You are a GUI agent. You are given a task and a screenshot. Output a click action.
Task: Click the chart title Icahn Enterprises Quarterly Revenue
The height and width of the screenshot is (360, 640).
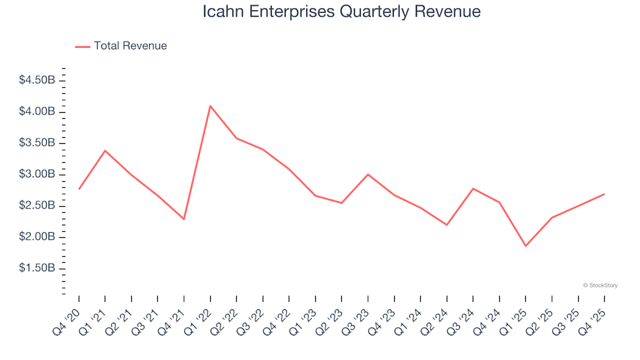(x=341, y=12)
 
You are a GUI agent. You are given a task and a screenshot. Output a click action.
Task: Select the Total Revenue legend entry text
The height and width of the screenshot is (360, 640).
(x=130, y=46)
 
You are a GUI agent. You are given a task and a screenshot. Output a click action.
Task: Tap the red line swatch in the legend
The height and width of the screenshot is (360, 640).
(x=83, y=47)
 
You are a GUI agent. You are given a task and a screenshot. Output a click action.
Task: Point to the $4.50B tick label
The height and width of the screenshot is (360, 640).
(x=38, y=80)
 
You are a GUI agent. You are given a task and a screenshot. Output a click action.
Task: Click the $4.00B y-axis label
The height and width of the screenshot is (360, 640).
(x=38, y=111)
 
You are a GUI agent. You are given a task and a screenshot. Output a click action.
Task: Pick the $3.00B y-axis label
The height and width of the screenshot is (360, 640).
(x=38, y=174)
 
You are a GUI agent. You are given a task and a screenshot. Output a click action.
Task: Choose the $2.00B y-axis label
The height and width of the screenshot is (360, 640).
(x=38, y=237)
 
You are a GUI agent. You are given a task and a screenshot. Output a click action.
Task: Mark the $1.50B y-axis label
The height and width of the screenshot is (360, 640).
(x=38, y=268)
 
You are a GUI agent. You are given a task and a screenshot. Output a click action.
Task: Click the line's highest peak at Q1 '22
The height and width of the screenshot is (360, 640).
(x=210, y=105)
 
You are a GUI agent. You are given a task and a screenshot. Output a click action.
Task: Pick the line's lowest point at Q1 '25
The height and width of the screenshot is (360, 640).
(x=525, y=246)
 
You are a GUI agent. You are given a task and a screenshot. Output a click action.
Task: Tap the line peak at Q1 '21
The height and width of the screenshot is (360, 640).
(x=105, y=151)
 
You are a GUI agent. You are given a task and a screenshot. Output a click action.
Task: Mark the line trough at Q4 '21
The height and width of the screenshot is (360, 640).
(x=184, y=219)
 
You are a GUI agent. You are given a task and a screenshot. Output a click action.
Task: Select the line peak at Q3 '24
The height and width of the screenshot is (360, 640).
(x=473, y=189)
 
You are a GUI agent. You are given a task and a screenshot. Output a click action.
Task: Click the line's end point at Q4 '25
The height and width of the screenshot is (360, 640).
(x=604, y=194)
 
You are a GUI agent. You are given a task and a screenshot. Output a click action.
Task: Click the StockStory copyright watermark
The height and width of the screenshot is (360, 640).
(x=600, y=285)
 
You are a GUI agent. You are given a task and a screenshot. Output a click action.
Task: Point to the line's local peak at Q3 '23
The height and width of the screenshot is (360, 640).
(x=367, y=174)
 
